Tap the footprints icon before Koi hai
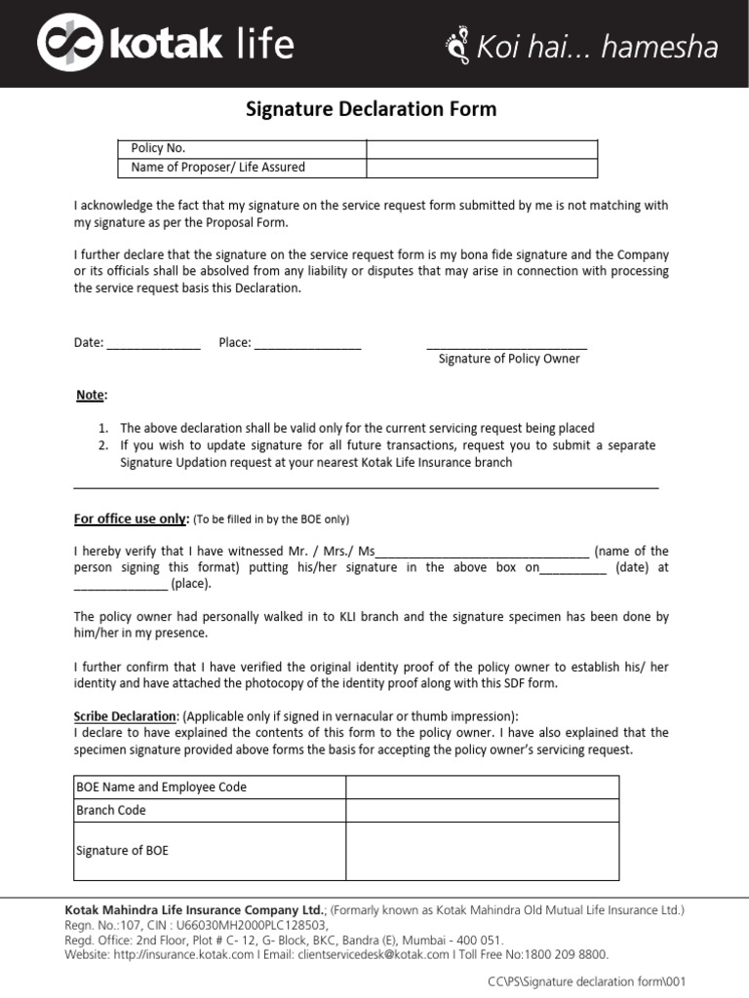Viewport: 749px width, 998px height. pyautogui.click(x=456, y=45)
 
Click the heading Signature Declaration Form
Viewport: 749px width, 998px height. pyautogui.click(x=371, y=109)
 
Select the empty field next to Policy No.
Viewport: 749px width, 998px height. pyautogui.click(x=482, y=148)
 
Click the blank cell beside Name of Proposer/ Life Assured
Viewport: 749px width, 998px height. pyautogui.click(x=482, y=167)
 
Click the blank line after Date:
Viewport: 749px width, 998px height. pyautogui.click(x=153, y=343)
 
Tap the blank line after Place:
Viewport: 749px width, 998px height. pyautogui.click(x=307, y=343)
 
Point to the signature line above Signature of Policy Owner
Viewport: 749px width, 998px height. pyautogui.click(x=507, y=344)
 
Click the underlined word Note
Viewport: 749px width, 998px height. pyautogui.click(x=92, y=395)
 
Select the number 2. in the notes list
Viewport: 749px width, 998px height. pyautogui.click(x=103, y=445)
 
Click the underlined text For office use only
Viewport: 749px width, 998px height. pyautogui.click(x=131, y=518)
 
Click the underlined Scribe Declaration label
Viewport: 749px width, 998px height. pyautogui.click(x=126, y=715)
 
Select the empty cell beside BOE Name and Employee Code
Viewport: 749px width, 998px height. pyautogui.click(x=482, y=787)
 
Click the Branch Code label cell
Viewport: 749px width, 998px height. pyautogui.click(x=209, y=810)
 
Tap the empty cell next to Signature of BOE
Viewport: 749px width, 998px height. pyautogui.click(x=482, y=851)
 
